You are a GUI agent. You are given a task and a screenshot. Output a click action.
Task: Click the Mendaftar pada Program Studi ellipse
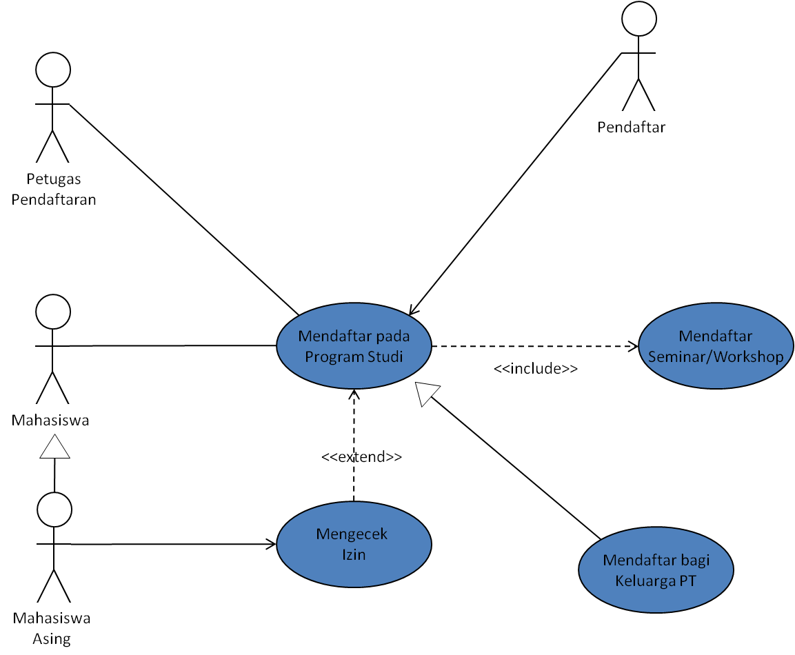pyautogui.click(x=354, y=346)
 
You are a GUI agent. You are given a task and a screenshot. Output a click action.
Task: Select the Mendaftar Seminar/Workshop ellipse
pyautogui.click(x=716, y=346)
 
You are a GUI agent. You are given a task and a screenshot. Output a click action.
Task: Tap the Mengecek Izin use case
pyautogui.click(x=354, y=544)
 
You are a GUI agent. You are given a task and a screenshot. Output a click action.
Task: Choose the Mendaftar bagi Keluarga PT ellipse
pyautogui.click(x=656, y=570)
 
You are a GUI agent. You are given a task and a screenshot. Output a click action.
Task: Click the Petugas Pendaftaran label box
pyautogui.click(x=54, y=189)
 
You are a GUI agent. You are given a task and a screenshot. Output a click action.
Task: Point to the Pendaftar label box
pyautogui.click(x=631, y=127)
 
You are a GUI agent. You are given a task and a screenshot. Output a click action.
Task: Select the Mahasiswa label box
pyautogui.click(x=50, y=420)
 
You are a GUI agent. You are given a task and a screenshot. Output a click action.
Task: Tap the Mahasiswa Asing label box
pyautogui.click(x=52, y=629)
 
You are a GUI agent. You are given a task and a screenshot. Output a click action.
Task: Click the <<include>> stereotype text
pyautogui.click(x=535, y=369)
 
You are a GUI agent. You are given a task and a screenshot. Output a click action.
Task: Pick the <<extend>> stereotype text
pyautogui.click(x=361, y=456)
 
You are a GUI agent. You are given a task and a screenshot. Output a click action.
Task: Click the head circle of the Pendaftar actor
pyautogui.click(x=639, y=19)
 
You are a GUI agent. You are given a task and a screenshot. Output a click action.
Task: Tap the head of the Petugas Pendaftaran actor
pyautogui.click(x=53, y=71)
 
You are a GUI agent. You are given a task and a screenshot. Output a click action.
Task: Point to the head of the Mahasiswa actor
pyautogui.click(x=53, y=312)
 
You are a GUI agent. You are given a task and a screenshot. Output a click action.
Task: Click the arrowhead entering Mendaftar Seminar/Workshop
pyautogui.click(x=632, y=346)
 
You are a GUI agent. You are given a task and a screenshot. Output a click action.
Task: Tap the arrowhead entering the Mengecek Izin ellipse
pyautogui.click(x=270, y=545)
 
